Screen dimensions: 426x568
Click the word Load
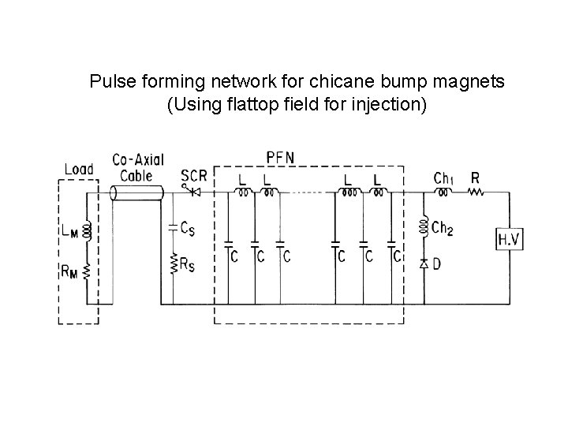tap(79, 169)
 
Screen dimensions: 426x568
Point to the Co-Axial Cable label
tap(138, 166)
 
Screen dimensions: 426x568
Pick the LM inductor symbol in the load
tap(88, 230)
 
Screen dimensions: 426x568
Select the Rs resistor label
tap(188, 265)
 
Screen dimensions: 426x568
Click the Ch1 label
tap(444, 177)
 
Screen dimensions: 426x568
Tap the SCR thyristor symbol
tap(192, 192)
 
